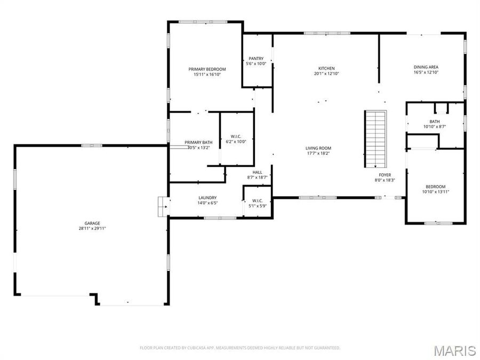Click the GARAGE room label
pos(92,223)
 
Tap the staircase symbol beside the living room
pos(375,139)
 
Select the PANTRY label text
pos(257,59)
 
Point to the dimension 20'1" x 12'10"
pos(326,74)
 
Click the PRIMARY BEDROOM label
pos(207,69)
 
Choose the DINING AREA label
pos(426,67)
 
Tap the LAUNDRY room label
pos(207,198)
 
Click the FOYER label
pos(385,175)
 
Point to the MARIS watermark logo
pos(454,350)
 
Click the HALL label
pos(258,172)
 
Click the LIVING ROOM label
pos(318,148)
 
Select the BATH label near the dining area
pos(435,122)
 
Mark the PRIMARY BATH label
pos(199,142)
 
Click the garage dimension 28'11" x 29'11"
pos(92,229)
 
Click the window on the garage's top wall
pos(92,145)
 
